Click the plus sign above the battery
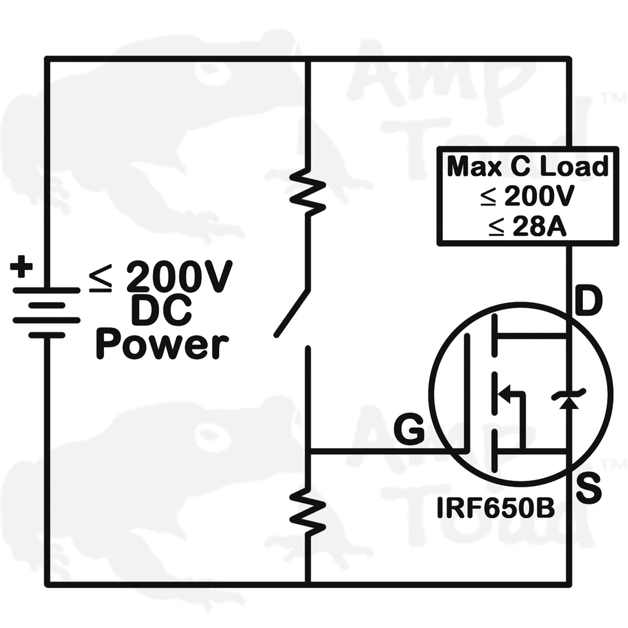(22, 267)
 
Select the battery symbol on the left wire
(46, 313)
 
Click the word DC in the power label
(161, 311)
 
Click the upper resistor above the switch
(307, 190)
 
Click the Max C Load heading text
(527, 167)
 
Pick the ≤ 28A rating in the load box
(527, 226)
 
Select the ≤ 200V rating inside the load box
(527, 197)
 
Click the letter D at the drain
(589, 302)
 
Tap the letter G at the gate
(409, 430)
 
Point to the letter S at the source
(589, 490)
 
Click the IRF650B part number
(496, 507)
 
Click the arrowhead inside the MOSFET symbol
(504, 394)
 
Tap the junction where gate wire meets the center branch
(307, 451)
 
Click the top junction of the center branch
(307, 59)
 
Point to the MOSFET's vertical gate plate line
(467, 392)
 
